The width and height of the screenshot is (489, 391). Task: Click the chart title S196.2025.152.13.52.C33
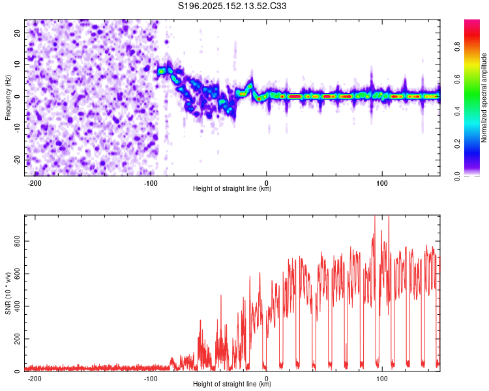coord(232,6)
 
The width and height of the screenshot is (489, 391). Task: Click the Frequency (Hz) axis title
coord(8,98)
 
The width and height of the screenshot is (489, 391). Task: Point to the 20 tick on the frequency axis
coord(18,33)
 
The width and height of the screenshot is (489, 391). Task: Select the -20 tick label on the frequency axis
coord(18,160)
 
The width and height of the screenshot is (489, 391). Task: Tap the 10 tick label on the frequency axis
coord(18,65)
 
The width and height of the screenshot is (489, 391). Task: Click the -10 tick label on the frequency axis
coord(18,128)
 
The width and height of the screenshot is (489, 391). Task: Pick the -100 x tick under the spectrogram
coord(151,183)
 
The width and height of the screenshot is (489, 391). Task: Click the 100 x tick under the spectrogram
coord(382,183)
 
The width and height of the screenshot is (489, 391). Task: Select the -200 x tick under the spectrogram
coord(35,183)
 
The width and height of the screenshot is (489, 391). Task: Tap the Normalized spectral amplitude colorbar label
coord(484,98)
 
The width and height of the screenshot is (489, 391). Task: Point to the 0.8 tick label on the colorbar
coord(458,47)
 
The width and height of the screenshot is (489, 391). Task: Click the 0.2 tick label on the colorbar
coord(458,144)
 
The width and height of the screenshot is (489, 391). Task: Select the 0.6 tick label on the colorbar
coord(458,80)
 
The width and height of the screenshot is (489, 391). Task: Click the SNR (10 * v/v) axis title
coord(8,293)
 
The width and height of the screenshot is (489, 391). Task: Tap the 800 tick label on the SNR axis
coord(18,241)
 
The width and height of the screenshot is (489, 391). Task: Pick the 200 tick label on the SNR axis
coord(18,339)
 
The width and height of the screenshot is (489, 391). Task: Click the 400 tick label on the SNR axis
coord(18,306)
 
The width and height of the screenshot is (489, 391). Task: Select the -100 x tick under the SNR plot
coord(151,379)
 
